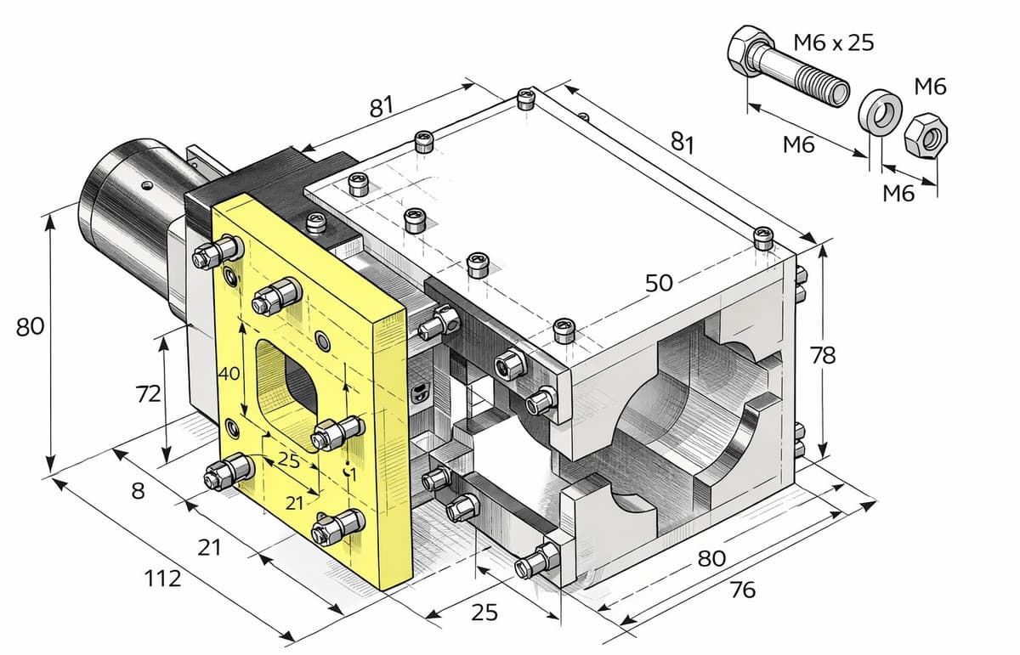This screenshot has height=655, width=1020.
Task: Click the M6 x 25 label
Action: click(x=832, y=42)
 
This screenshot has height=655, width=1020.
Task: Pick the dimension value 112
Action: click(x=162, y=579)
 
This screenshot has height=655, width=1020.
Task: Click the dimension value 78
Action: click(x=823, y=356)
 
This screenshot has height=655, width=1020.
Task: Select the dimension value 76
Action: click(x=742, y=590)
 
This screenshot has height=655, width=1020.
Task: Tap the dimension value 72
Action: click(x=149, y=395)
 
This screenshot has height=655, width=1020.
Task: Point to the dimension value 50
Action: click(x=660, y=284)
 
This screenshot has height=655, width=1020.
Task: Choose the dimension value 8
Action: click(x=139, y=491)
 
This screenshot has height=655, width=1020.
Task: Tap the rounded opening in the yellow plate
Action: click(x=289, y=379)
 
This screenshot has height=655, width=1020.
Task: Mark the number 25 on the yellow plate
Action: click(x=289, y=462)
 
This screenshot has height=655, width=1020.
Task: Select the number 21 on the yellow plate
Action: click(x=294, y=503)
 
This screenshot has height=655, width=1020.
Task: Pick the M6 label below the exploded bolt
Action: click(x=798, y=146)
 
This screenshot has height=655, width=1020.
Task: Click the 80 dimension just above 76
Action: click(x=711, y=558)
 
